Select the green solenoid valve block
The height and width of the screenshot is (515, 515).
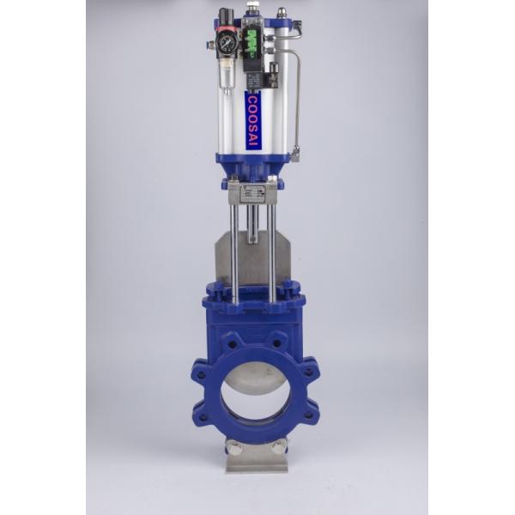coord(253,43)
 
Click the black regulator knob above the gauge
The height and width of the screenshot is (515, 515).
coord(226,16)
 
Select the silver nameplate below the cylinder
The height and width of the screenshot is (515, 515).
coord(252,194)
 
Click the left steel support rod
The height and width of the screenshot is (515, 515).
coord(234,249)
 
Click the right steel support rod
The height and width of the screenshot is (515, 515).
coord(272,249)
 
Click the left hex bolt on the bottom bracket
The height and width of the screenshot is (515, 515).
coord(233,447)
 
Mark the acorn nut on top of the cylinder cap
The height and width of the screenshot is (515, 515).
coord(282,13)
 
